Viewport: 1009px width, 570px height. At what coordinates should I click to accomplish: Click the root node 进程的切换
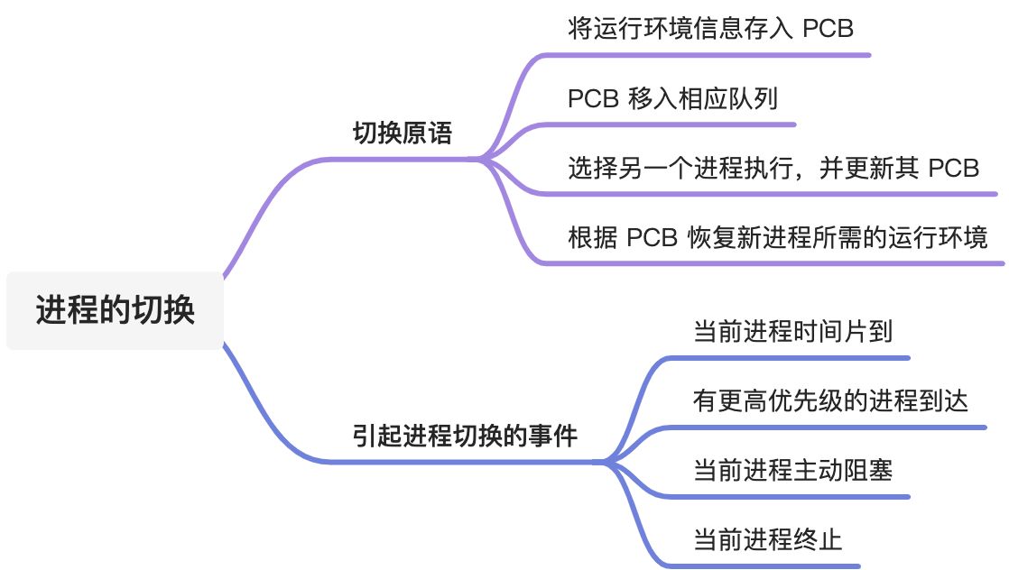115,310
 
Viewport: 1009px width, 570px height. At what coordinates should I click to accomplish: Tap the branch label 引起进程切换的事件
465,436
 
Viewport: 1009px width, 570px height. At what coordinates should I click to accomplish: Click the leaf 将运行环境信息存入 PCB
711,28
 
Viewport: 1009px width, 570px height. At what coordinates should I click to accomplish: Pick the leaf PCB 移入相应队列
672,97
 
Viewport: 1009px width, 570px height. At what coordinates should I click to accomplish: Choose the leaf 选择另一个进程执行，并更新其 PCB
773,168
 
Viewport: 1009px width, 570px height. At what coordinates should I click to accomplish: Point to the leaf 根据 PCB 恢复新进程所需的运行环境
778,237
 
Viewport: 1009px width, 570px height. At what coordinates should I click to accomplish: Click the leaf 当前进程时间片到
792,332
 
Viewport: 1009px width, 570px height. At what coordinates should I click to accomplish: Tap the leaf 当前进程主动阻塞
792,470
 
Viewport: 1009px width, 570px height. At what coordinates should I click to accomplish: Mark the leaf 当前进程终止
767,539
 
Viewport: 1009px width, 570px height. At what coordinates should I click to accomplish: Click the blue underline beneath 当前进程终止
767,565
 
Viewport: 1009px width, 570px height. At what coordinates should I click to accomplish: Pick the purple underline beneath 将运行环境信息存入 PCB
722,55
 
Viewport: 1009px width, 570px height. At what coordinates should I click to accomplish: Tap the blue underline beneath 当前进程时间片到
794,358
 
